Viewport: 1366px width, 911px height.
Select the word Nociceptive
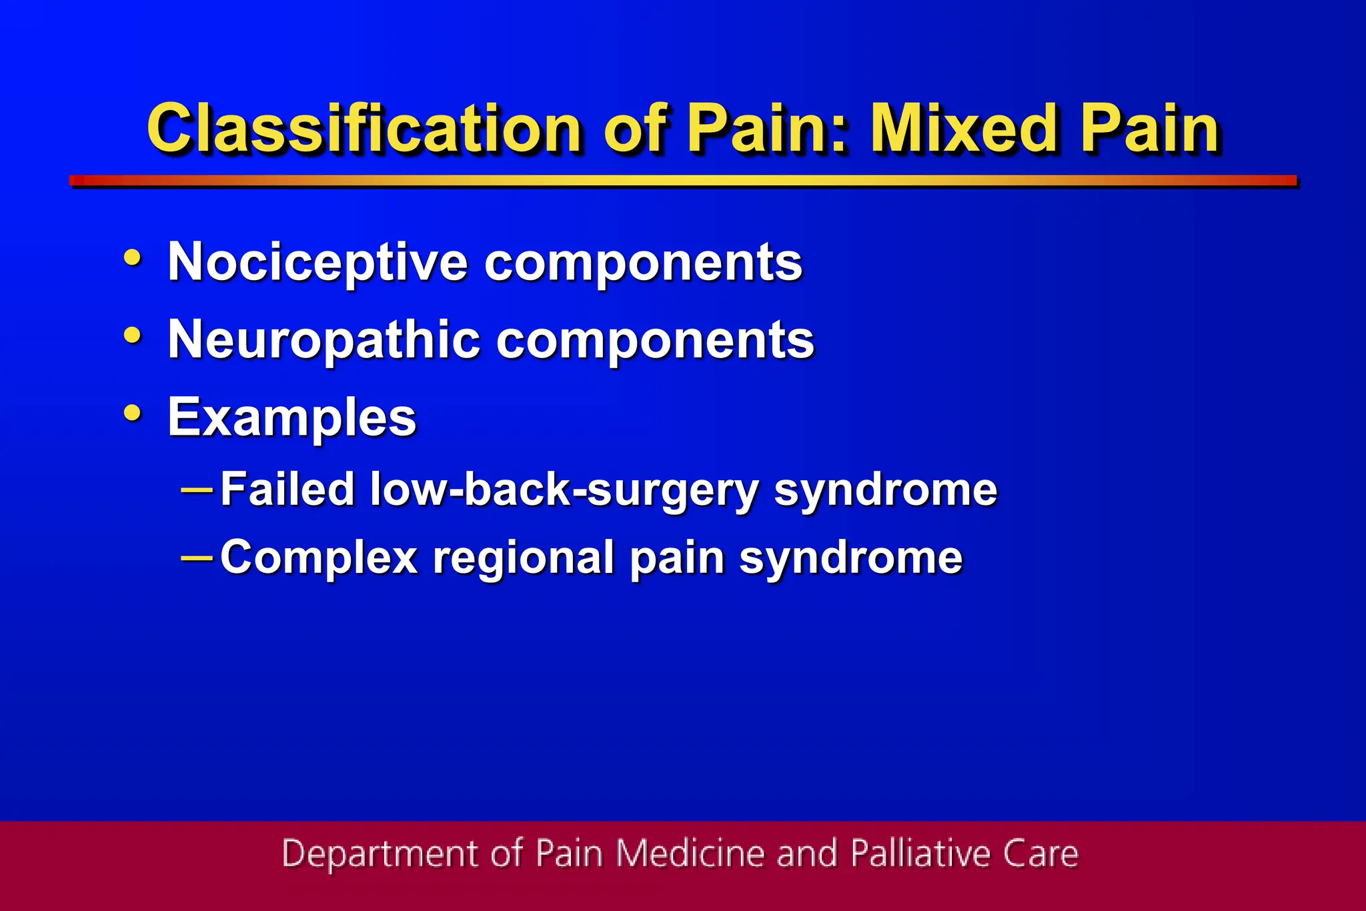pos(317,262)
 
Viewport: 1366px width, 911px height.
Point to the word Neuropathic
pos(323,339)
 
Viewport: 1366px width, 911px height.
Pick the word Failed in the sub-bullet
pos(287,489)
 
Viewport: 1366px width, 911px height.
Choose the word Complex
pos(319,558)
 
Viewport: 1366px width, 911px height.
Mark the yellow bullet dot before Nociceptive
pos(133,257)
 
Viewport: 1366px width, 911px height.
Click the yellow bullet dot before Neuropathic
pos(133,335)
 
